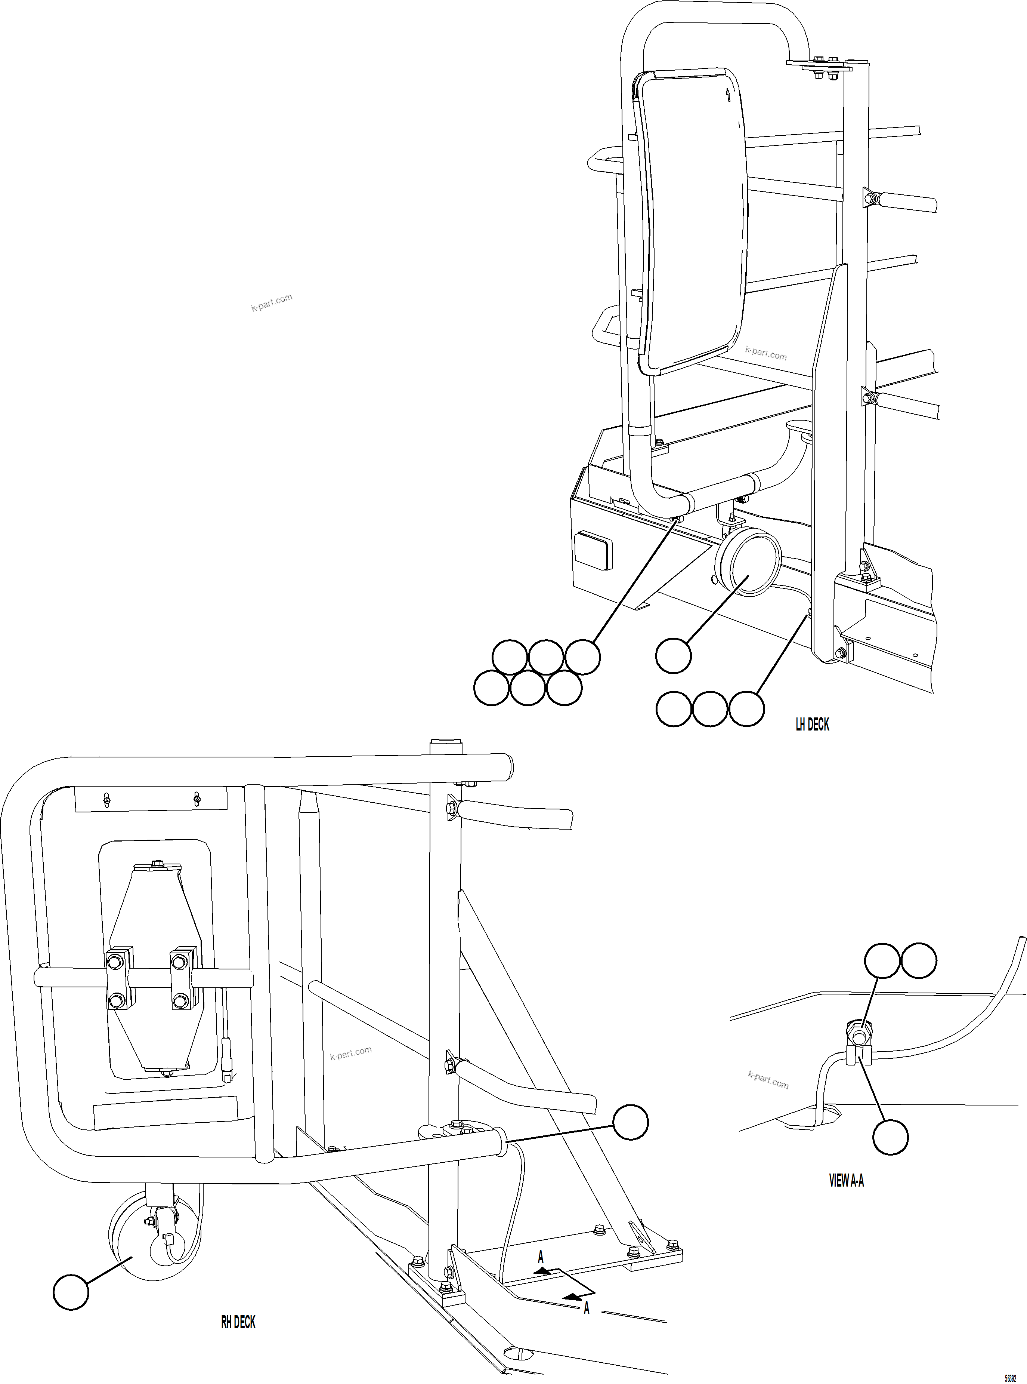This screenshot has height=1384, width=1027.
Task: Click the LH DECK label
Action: (812, 724)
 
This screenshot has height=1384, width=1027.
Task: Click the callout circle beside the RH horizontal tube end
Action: (630, 1123)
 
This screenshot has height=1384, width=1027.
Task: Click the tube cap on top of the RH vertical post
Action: (446, 745)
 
